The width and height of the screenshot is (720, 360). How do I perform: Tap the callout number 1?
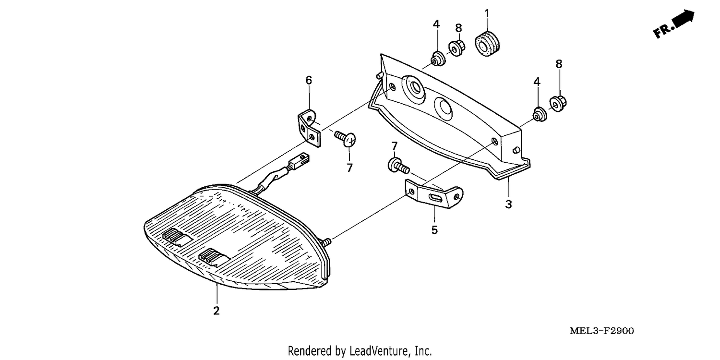[x=487, y=13]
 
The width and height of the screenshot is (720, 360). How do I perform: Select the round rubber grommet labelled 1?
[x=487, y=43]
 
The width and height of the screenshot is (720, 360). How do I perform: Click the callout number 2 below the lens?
[x=216, y=311]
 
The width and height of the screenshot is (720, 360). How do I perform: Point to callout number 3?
[x=508, y=204]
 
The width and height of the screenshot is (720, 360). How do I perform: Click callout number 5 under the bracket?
[x=434, y=230]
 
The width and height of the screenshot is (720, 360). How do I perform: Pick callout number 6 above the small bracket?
[x=309, y=80]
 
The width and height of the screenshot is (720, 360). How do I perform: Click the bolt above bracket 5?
[x=398, y=166]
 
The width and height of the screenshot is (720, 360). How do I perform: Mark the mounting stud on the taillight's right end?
[x=326, y=242]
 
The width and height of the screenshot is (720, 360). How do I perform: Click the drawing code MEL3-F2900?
[x=602, y=331]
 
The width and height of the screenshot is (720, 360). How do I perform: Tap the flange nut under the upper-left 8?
[x=456, y=48]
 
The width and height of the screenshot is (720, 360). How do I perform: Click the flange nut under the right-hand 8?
[x=558, y=103]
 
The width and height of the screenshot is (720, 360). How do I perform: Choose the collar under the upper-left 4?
[x=438, y=59]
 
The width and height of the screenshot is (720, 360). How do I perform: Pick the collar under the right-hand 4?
[x=540, y=114]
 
